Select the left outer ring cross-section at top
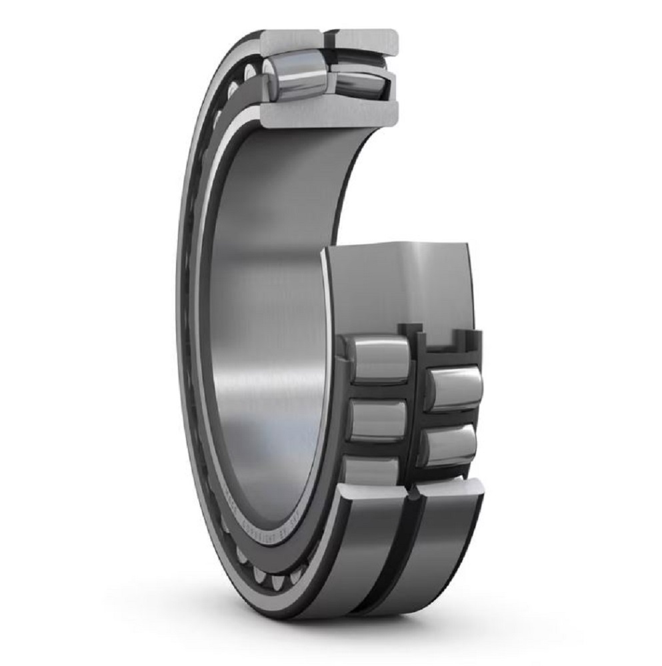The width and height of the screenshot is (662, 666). (x=291, y=41)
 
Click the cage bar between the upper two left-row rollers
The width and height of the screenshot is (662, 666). (x=378, y=391)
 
